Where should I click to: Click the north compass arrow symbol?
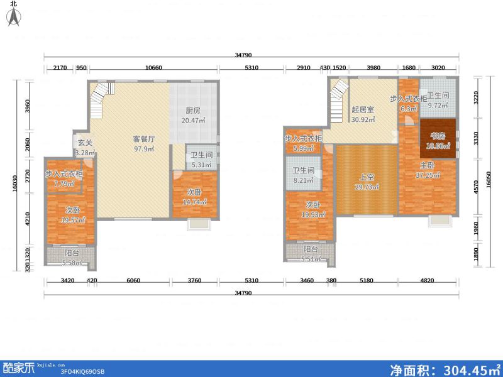pos(13,17)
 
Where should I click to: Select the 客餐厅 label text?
pos(144,138)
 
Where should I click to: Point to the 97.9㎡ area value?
pos(144,148)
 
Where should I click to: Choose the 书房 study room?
pos(438,136)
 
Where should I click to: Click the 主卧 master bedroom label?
pos(428,166)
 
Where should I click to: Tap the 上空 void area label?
pos(365,177)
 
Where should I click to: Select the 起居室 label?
pos(363,109)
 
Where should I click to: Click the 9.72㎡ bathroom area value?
pos(438,106)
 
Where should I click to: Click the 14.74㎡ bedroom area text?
pos(194,202)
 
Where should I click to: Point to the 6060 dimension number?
pos(133,280)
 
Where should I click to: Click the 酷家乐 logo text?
pos(19,368)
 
